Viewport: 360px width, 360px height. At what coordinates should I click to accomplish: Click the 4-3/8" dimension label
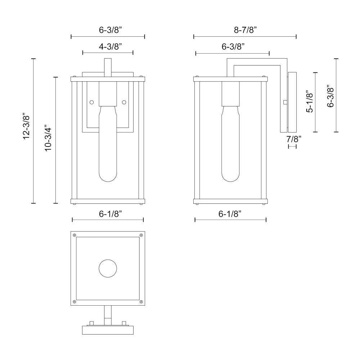point(110,46)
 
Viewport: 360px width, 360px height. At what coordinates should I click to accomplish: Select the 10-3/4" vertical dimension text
point(49,138)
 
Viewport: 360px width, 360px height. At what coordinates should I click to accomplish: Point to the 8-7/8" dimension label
point(245,30)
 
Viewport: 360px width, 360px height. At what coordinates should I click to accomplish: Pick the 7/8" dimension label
point(294,139)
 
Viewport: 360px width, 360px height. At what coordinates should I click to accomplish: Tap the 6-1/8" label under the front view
point(110,214)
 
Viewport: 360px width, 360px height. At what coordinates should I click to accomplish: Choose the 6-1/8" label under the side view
point(230,214)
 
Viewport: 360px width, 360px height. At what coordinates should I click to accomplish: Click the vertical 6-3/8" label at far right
point(330,96)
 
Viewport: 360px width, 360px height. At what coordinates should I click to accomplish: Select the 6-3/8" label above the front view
point(110,30)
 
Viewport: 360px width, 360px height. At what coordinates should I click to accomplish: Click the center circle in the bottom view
point(108,269)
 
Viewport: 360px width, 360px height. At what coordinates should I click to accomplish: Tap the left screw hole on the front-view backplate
point(91,102)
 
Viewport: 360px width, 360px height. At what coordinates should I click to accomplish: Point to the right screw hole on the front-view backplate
point(124,102)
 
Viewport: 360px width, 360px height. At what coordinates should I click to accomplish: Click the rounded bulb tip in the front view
point(108,177)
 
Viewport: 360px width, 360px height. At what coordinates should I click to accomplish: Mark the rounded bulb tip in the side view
point(230,177)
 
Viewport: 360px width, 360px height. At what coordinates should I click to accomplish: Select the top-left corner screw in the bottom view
point(75,235)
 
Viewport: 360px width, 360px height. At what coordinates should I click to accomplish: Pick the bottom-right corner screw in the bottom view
point(141,302)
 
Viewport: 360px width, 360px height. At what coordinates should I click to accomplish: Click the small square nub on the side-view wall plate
point(285,102)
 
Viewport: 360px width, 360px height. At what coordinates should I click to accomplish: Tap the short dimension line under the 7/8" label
point(292,146)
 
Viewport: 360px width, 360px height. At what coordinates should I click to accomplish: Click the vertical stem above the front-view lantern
point(108,68)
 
